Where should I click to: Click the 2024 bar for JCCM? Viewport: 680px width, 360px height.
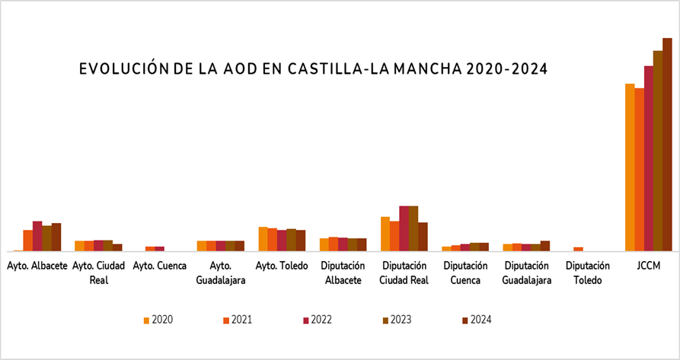pyautogui.click(x=667, y=144)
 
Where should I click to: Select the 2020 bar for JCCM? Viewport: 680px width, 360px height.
pyautogui.click(x=630, y=167)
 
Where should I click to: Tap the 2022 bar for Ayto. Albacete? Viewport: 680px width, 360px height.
pyautogui.click(x=37, y=236)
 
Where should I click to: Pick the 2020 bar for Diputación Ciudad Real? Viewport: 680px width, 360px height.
pyautogui.click(x=385, y=234)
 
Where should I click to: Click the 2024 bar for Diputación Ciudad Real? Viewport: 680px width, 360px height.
pyautogui.click(x=423, y=237)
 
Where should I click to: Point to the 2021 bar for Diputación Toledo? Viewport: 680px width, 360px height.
pyautogui.click(x=578, y=249)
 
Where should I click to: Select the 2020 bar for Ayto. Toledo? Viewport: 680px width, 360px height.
pyautogui.click(x=263, y=239)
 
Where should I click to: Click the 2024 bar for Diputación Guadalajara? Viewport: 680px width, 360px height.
pyautogui.click(x=544, y=246)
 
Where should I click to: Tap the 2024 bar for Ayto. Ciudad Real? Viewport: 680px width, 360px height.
pyautogui.click(x=117, y=247)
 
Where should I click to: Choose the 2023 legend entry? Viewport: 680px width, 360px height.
pyautogui.click(x=397, y=320)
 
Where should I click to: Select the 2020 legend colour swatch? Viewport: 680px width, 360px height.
pyautogui.click(x=146, y=320)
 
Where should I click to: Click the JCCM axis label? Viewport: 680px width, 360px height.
pyautogui.click(x=649, y=266)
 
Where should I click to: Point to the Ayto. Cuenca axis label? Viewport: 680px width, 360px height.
pyautogui.click(x=159, y=266)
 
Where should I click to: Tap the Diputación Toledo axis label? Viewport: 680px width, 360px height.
pyautogui.click(x=587, y=272)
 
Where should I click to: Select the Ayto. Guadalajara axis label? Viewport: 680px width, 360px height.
pyautogui.click(x=220, y=272)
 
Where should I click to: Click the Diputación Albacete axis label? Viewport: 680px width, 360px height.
pyautogui.click(x=343, y=272)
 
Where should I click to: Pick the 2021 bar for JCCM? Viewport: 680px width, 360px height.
pyautogui.click(x=640, y=169)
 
